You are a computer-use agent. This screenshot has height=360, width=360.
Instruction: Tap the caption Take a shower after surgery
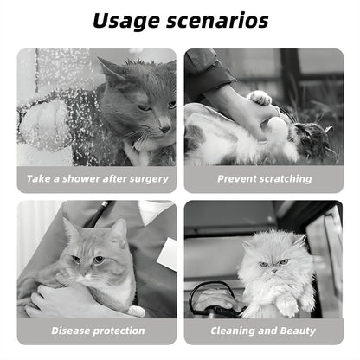96,178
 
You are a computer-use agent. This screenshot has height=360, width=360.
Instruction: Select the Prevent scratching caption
264,178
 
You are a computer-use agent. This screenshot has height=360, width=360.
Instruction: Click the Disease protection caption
96,331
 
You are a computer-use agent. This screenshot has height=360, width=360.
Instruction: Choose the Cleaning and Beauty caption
264,331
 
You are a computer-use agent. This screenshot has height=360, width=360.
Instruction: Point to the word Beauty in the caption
298,331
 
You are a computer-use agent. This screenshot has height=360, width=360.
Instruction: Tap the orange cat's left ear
70,228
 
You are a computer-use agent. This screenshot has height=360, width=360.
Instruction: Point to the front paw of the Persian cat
286,306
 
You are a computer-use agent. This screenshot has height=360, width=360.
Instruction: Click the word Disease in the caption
72,331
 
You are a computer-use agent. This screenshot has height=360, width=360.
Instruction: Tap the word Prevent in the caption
238,178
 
